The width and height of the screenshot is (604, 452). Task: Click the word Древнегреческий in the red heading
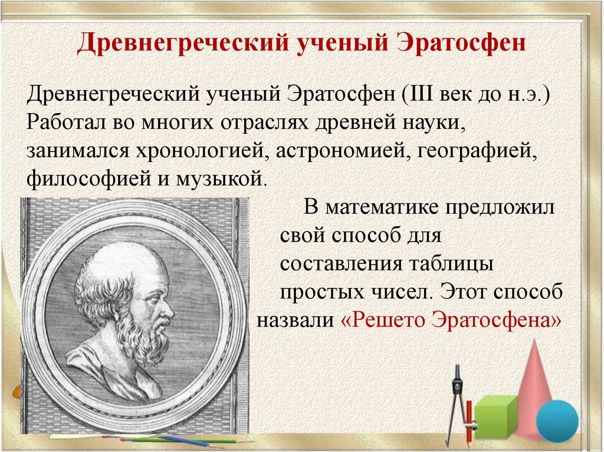coord(183,43)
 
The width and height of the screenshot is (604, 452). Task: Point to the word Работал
coord(67,122)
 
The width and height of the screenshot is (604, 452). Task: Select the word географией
coord(477,151)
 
